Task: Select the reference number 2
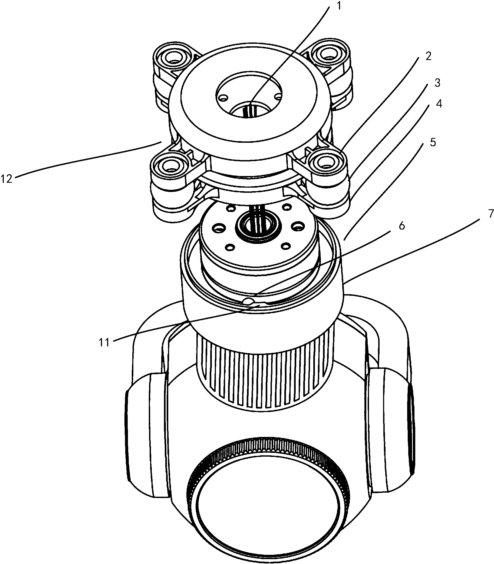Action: (428, 56)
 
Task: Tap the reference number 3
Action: (437, 83)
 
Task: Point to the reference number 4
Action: (439, 104)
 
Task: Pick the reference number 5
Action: (433, 142)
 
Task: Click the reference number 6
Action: (402, 226)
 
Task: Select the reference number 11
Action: (104, 343)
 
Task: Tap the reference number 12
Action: (6, 179)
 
